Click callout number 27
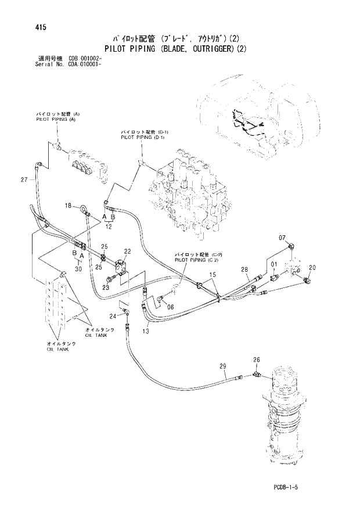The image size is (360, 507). click(x=24, y=179)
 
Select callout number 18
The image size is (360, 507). click(x=68, y=206)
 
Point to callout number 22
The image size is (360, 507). click(x=127, y=251)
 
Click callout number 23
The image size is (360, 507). click(x=106, y=287)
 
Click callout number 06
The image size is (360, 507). click(x=170, y=307)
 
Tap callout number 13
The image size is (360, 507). click(x=145, y=331)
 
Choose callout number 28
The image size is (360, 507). click(x=244, y=269)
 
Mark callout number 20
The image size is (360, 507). click(x=312, y=267)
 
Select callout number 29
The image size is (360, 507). click(x=222, y=366)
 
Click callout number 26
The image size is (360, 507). click(x=256, y=360)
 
